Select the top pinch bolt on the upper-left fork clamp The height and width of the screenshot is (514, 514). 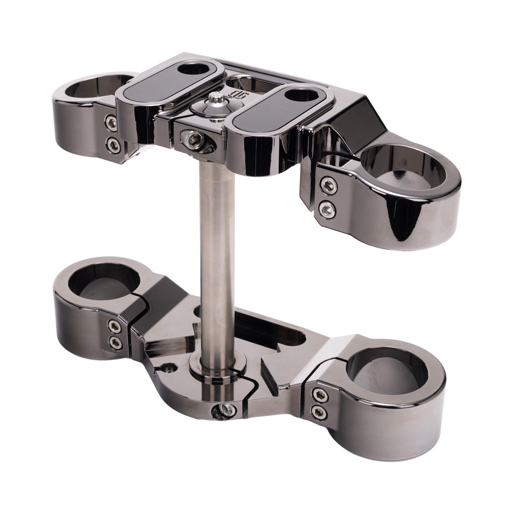coord(111,122)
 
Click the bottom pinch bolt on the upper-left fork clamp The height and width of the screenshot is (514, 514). coord(111,143)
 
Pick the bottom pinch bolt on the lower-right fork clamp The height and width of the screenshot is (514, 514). coord(319,412)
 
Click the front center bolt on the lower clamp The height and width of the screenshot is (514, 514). coord(225,410)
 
